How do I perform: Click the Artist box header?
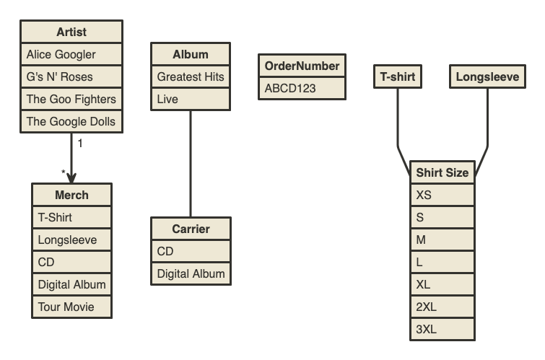click(x=71, y=32)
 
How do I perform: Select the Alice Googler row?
click(x=71, y=54)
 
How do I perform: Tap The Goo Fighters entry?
click(x=71, y=99)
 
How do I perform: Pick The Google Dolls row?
click(x=71, y=121)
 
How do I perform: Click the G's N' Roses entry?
click(x=71, y=76)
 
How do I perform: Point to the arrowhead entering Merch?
click(x=71, y=177)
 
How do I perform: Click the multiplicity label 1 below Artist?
click(x=80, y=143)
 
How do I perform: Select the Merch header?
click(x=71, y=195)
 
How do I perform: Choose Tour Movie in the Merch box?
click(x=71, y=307)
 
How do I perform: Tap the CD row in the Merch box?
click(x=71, y=262)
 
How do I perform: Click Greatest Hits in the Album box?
click(x=191, y=76)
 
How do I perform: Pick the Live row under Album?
click(x=191, y=99)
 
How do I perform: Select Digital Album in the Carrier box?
click(x=191, y=273)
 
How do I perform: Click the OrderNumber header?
click(x=302, y=66)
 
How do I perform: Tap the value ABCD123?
click(x=302, y=88)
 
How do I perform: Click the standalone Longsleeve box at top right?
click(x=487, y=77)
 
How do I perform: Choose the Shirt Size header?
click(x=442, y=172)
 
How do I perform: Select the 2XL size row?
click(x=442, y=307)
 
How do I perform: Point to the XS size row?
click(x=442, y=195)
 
